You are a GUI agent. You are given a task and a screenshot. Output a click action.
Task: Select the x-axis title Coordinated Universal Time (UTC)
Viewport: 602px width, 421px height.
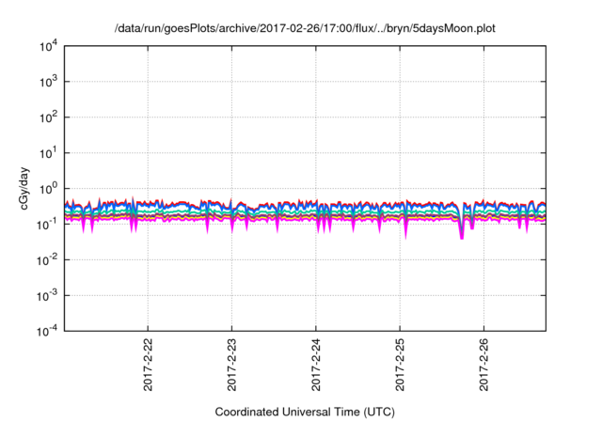click(x=305, y=412)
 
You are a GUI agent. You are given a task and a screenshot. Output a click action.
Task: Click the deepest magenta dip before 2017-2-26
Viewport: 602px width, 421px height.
click(x=462, y=237)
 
